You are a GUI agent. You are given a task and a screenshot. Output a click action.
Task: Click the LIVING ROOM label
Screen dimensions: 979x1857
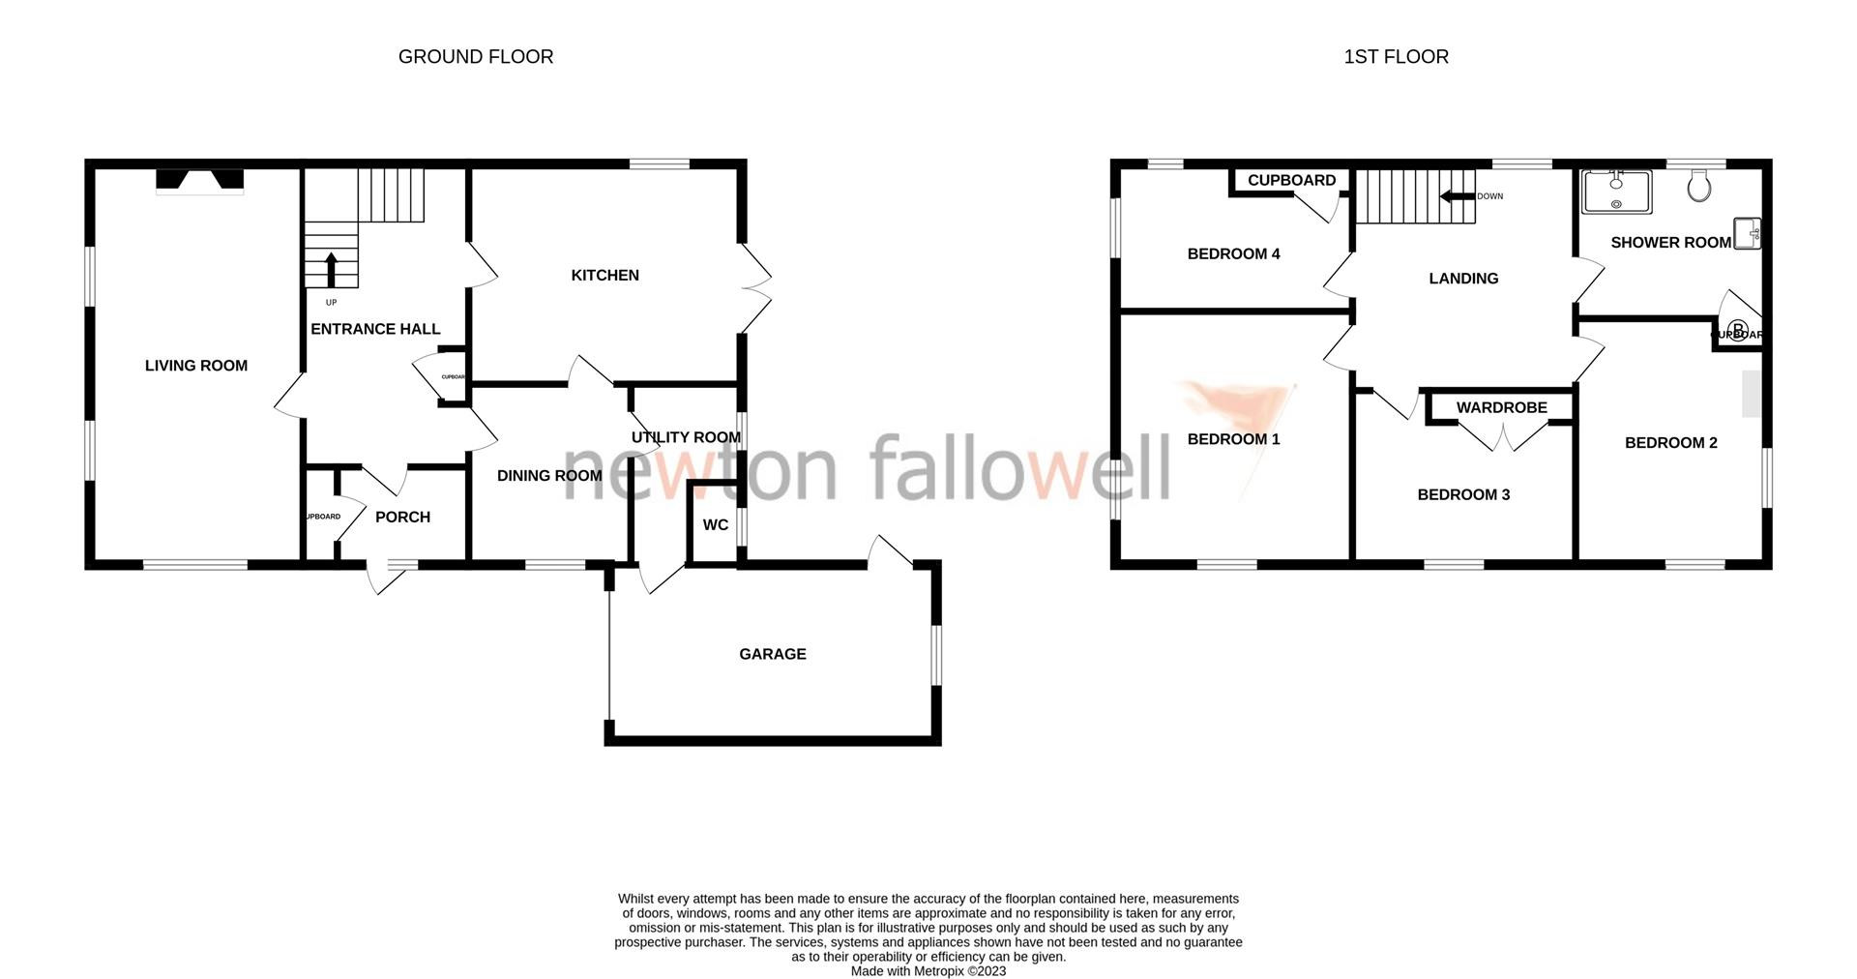click(196, 366)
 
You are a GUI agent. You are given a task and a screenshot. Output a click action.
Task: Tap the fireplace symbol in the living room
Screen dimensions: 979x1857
click(200, 181)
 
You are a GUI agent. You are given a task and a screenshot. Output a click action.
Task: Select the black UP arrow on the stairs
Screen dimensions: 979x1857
click(331, 270)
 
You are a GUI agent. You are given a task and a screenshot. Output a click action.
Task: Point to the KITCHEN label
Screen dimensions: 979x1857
click(604, 276)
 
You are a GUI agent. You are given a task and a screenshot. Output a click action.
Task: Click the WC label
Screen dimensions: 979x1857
click(716, 525)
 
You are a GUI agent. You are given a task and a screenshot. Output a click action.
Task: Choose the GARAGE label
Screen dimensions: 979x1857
click(772, 655)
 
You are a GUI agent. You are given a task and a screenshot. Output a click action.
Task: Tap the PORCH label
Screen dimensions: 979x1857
click(402, 518)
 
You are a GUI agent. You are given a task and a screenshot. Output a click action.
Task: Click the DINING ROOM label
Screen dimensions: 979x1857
click(549, 476)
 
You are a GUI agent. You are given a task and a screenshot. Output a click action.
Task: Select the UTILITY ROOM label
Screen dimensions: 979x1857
click(686, 437)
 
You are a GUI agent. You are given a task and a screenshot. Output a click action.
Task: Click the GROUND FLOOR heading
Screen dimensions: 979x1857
click(476, 57)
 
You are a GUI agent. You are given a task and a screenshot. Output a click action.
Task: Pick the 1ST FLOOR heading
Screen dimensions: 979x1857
click(1396, 57)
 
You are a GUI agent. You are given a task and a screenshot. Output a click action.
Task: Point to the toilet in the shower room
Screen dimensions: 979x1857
click(1698, 185)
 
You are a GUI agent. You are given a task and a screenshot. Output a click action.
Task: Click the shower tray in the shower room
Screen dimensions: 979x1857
click(1616, 192)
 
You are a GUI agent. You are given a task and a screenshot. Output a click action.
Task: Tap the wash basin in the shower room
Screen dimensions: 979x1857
click(1748, 233)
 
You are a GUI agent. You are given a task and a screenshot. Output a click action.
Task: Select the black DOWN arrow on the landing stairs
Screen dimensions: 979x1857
click(1452, 196)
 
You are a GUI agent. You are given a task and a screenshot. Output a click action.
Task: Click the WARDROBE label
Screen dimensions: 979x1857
click(1501, 408)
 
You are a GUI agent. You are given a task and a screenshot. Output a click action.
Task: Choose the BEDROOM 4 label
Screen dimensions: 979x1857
click(1233, 254)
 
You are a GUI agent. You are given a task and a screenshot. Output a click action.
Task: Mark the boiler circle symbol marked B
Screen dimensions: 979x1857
click(1737, 331)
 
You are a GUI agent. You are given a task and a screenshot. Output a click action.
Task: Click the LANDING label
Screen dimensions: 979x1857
click(1463, 279)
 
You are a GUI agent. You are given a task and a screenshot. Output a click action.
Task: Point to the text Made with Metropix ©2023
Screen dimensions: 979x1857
click(928, 971)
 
